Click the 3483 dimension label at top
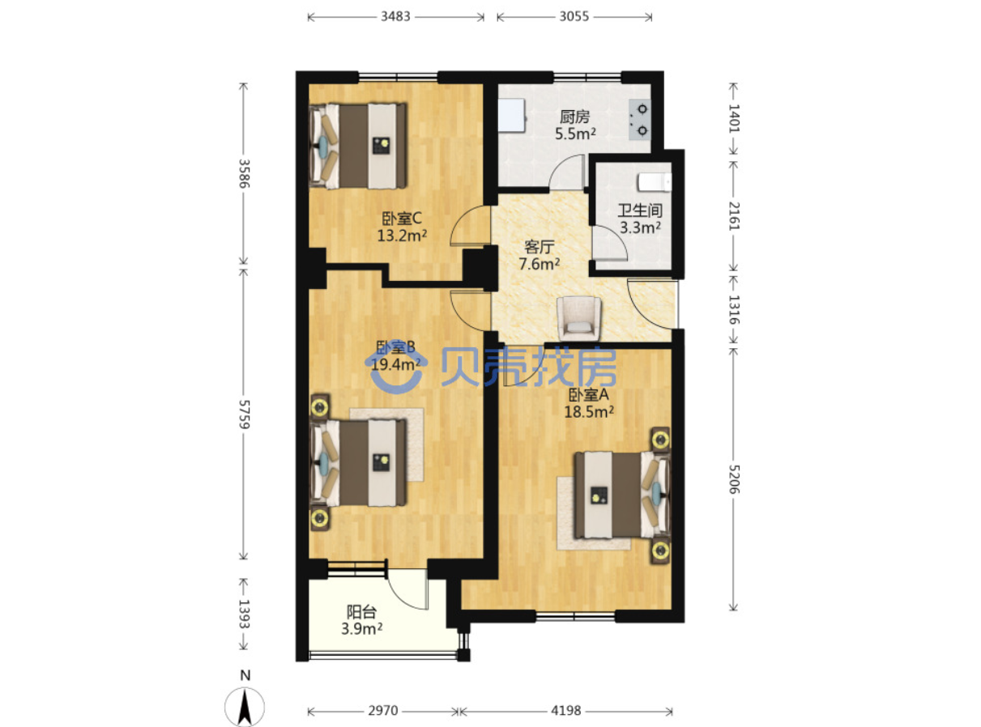click(x=395, y=17)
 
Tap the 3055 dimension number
click(x=574, y=17)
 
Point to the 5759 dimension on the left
click(x=244, y=415)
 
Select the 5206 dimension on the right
click(x=734, y=479)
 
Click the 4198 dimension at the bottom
click(x=565, y=711)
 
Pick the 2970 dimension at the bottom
click(x=383, y=711)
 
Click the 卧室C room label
click(x=402, y=219)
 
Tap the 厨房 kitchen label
click(x=574, y=117)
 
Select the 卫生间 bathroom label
click(x=639, y=210)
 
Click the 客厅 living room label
click(x=539, y=247)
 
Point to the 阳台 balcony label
click(x=361, y=612)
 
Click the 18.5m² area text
click(x=589, y=412)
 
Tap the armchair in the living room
click(x=579, y=318)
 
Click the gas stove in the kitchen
click(x=640, y=119)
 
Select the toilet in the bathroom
click(x=655, y=182)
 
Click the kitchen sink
click(x=512, y=116)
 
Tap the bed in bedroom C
click(x=358, y=146)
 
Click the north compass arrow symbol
click(x=245, y=707)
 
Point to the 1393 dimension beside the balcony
click(x=244, y=614)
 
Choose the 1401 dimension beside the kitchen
click(x=734, y=118)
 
